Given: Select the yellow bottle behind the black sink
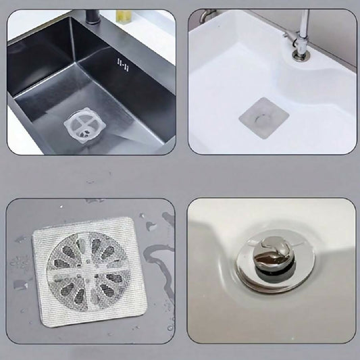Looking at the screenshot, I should (124, 15).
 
